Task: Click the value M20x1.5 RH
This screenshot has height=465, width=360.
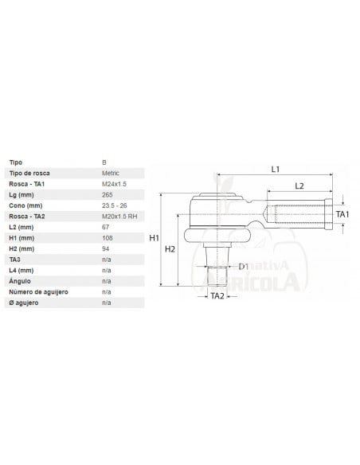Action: click(120, 217)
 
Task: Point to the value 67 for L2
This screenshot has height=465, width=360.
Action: click(106, 227)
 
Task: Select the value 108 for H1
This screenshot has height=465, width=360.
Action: click(108, 238)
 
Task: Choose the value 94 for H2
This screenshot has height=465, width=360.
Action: click(106, 249)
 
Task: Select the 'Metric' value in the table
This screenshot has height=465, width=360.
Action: click(112, 173)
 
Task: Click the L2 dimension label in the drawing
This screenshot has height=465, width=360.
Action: click(299, 186)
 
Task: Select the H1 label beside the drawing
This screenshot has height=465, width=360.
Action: click(155, 238)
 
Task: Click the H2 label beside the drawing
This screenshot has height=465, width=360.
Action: click(170, 249)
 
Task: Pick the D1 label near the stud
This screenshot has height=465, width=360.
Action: click(244, 266)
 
